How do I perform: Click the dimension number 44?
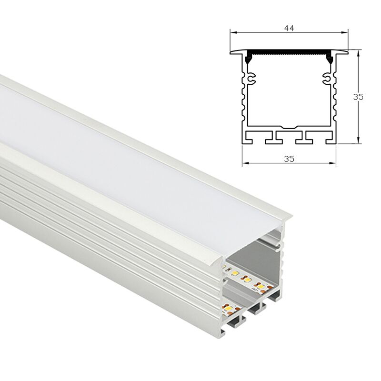tap(289, 29)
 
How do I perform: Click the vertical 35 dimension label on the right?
tap(358, 97)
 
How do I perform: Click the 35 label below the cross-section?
tap(289, 159)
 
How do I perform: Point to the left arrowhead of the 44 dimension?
tap(233, 32)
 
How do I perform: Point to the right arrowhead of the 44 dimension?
tap(345, 32)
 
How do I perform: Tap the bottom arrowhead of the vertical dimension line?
tap(358, 140)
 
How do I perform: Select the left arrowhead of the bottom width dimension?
tap(245, 163)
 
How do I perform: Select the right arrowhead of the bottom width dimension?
tap(332, 163)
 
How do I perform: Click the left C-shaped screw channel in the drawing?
tap(251, 78)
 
